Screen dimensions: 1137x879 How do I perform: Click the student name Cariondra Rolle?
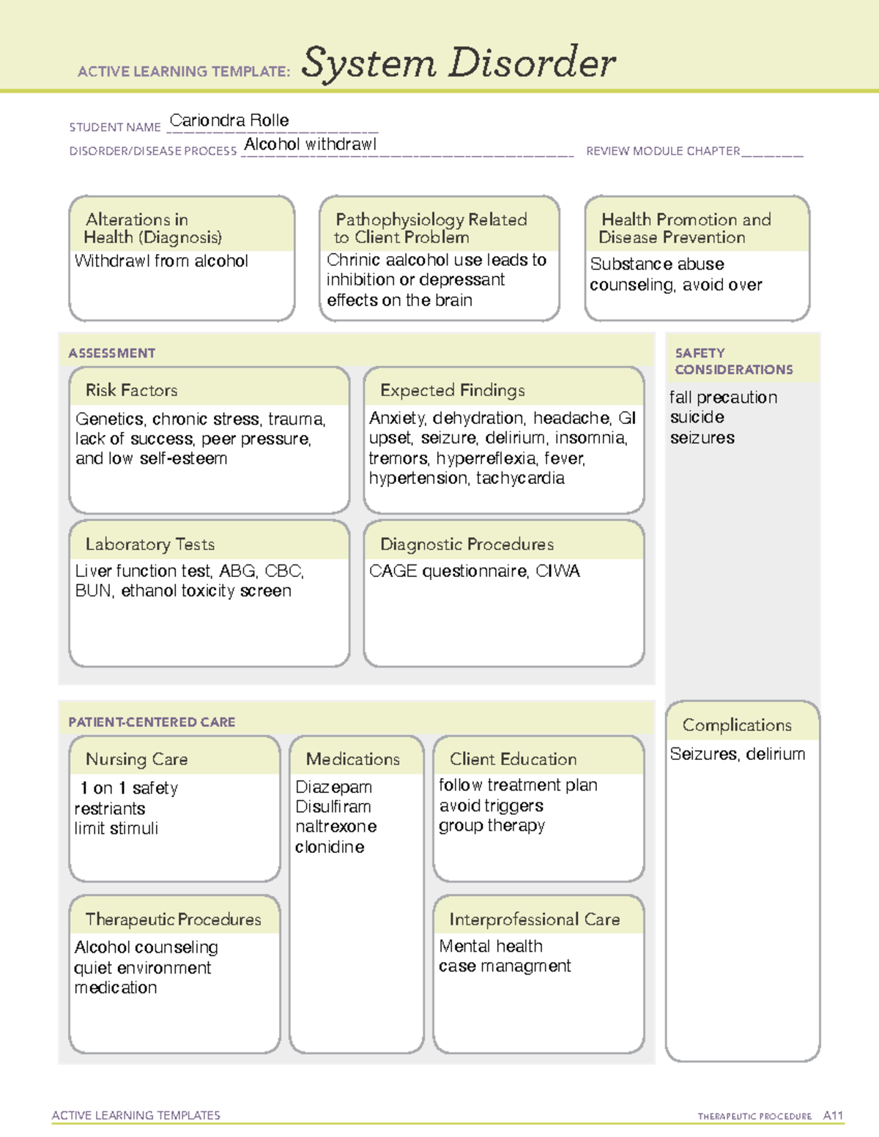pyautogui.click(x=229, y=121)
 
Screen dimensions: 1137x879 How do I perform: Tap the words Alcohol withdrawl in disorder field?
pyautogui.click(x=310, y=144)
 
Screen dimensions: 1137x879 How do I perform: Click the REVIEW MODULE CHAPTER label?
pyautogui.click(x=663, y=151)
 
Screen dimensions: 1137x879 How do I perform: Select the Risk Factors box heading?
pyautogui.click(x=131, y=390)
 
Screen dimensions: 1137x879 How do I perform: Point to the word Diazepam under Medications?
pyautogui.click(x=333, y=787)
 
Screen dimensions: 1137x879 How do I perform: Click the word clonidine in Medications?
pyautogui.click(x=330, y=847)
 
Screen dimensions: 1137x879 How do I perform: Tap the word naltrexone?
pyautogui.click(x=335, y=827)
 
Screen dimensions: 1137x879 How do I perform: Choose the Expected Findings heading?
pyautogui.click(x=452, y=390)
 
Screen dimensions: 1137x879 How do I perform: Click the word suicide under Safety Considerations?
pyautogui.click(x=697, y=417)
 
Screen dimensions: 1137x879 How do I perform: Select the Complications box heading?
pyautogui.click(x=737, y=725)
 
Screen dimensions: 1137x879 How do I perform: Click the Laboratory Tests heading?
pyautogui.click(x=149, y=544)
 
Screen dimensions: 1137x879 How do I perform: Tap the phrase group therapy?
pyautogui.click(x=492, y=826)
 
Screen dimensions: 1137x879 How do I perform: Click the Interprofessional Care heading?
pyautogui.click(x=534, y=920)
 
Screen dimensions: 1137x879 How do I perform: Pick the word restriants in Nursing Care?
pyautogui.click(x=110, y=809)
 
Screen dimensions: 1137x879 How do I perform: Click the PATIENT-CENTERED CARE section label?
pyautogui.click(x=152, y=722)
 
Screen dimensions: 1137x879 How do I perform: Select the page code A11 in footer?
pyautogui.click(x=833, y=1116)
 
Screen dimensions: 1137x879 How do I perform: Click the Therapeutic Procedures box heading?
pyautogui.click(x=173, y=920)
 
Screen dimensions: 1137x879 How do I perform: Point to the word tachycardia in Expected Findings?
pyautogui.click(x=520, y=479)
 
